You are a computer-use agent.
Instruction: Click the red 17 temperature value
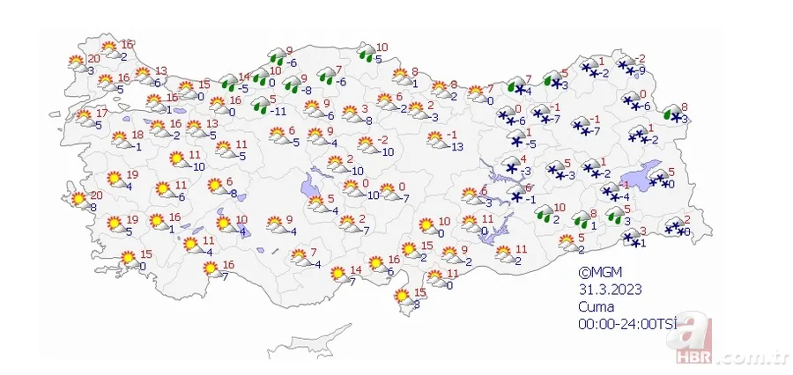pos(101,113)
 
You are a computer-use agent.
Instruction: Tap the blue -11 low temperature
pos(282,112)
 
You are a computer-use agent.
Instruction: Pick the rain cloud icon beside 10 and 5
pos(363,55)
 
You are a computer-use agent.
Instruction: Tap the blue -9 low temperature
pos(641,70)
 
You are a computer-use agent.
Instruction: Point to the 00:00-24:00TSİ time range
pos(627,324)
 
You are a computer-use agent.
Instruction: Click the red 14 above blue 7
pos(356,269)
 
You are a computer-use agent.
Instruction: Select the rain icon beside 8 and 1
pos(581,218)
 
